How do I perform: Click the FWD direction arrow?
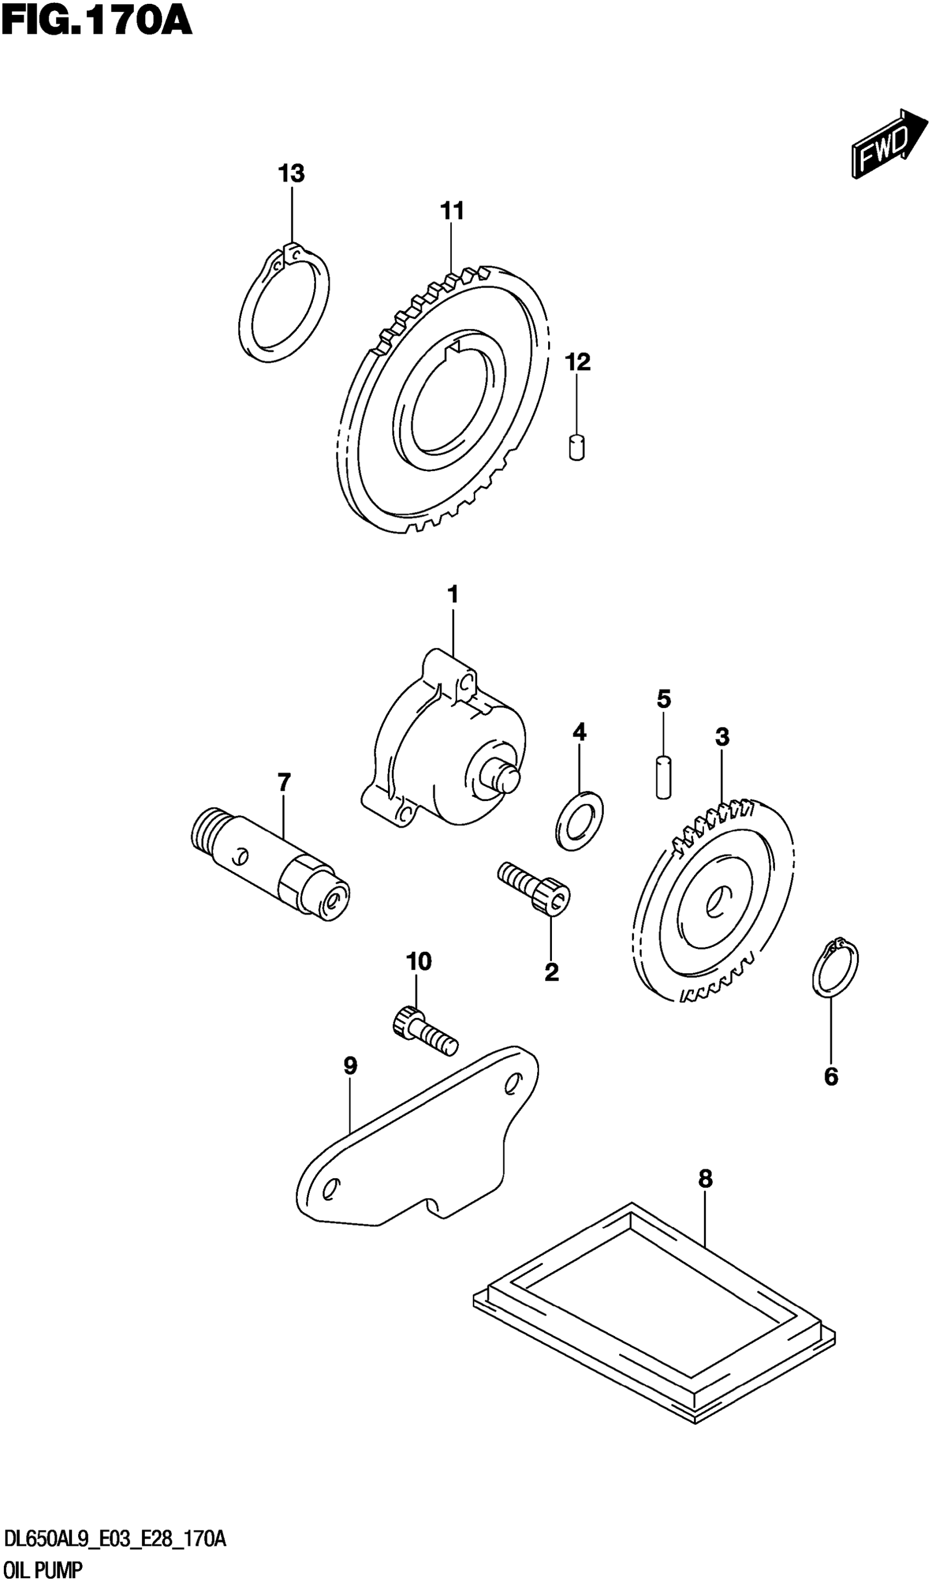889,144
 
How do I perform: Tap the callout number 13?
291,173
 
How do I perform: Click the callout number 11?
451,211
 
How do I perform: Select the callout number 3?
722,737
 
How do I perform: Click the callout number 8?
705,1179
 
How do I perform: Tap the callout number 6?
831,1076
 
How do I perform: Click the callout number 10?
419,961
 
